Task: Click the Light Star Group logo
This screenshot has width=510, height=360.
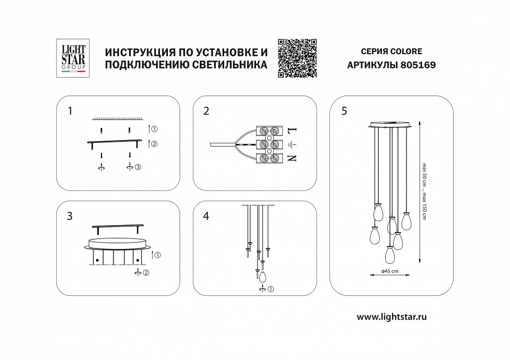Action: click(71, 58)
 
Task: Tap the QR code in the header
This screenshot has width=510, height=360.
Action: click(298, 58)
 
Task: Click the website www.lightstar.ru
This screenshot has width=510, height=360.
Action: click(392, 316)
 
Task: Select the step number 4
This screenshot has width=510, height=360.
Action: click(207, 217)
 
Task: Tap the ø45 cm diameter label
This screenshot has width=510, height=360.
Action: click(392, 272)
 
